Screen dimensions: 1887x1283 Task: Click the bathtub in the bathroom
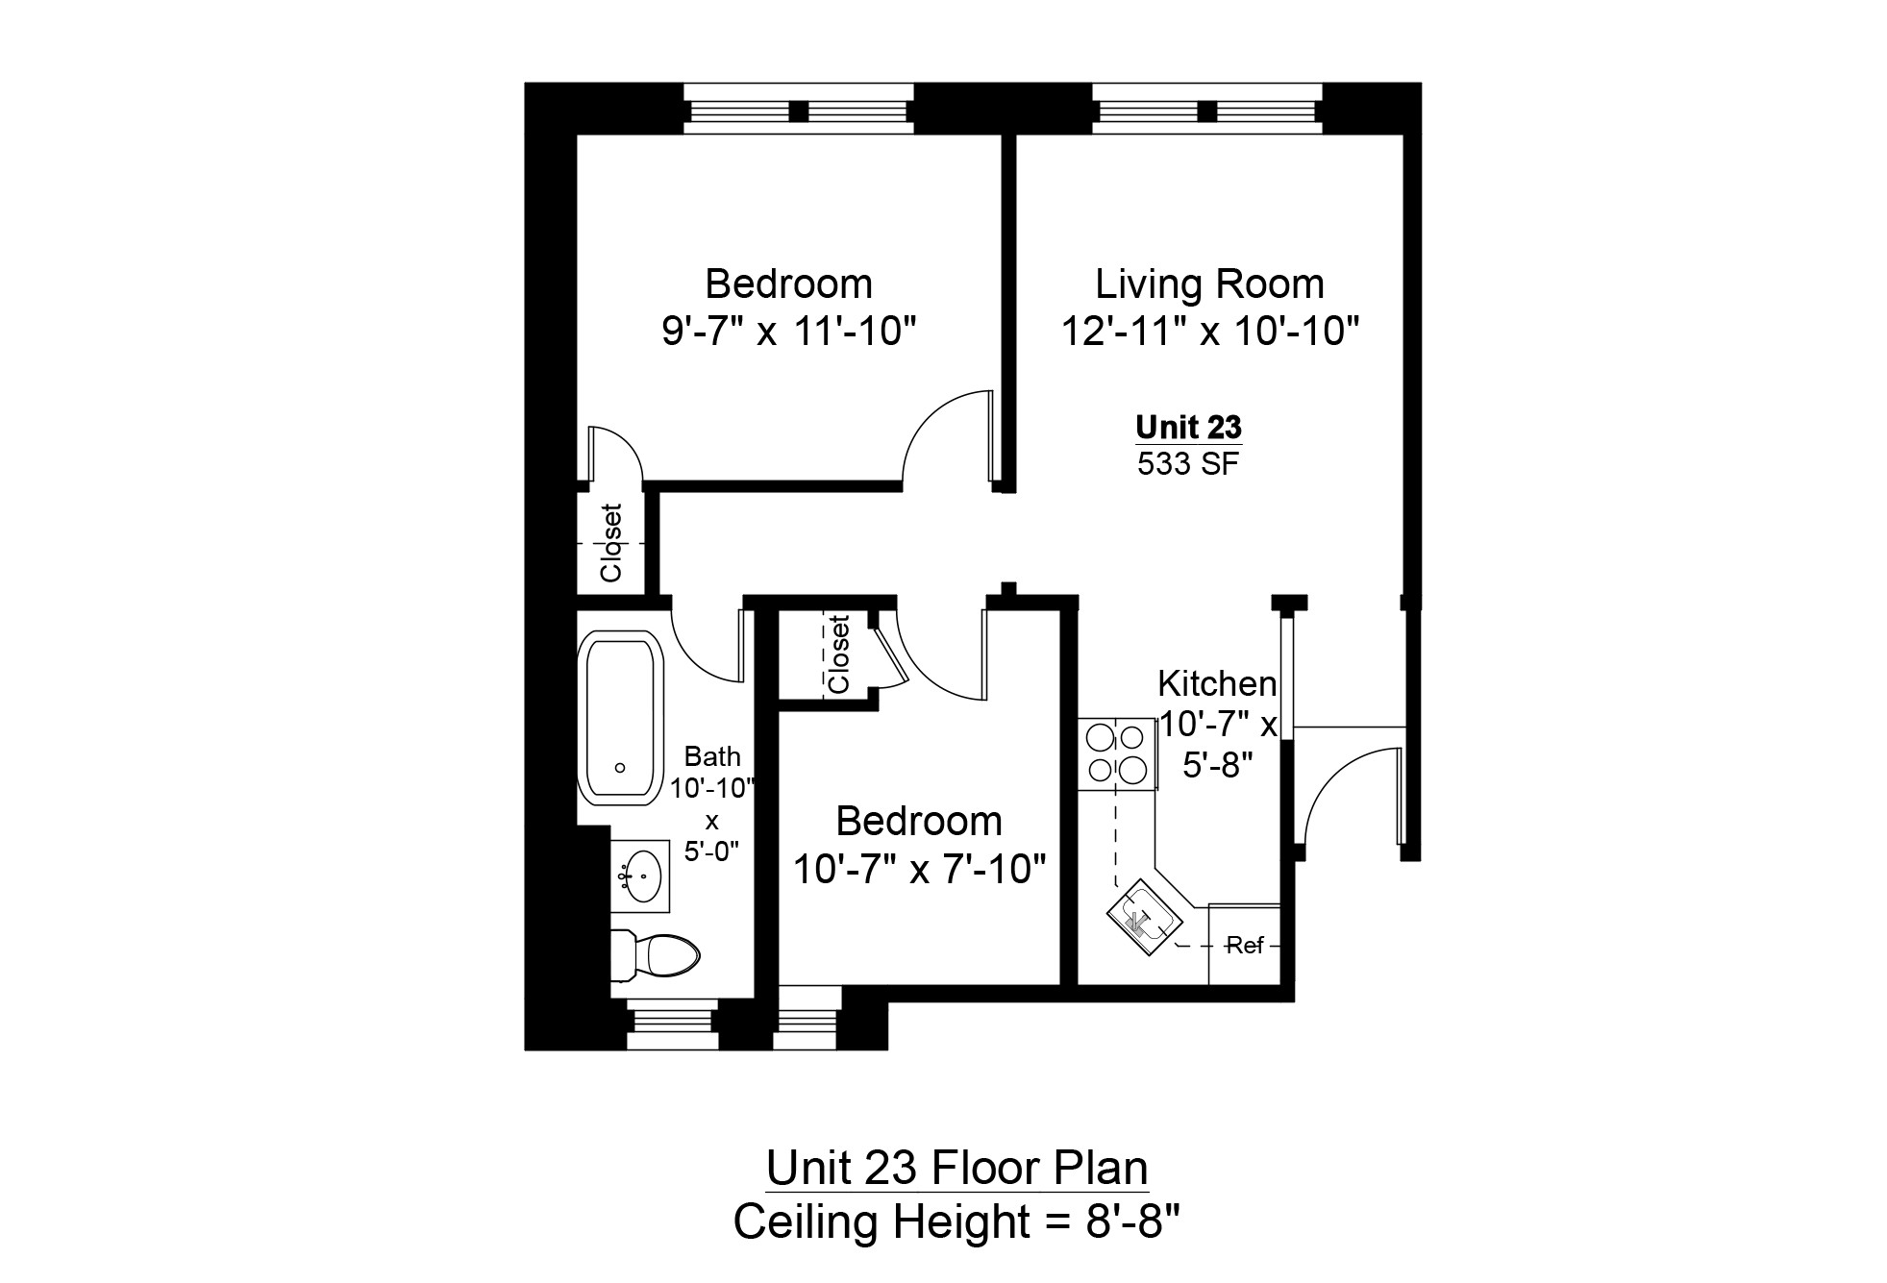pyautogui.click(x=620, y=718)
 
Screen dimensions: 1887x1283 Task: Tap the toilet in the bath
pyautogui.click(x=656, y=955)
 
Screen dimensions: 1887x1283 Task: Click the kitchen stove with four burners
pyautogui.click(x=1116, y=754)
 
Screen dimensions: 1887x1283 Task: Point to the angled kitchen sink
pyautogui.click(x=1141, y=919)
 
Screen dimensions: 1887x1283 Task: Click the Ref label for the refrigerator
pyautogui.click(x=1245, y=946)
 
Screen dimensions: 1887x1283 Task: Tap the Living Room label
pyautogui.click(x=1209, y=284)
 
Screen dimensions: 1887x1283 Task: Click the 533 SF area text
pyautogui.click(x=1188, y=464)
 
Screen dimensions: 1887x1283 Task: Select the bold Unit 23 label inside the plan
pyautogui.click(x=1188, y=427)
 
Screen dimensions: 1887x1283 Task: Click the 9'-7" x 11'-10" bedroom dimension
pyautogui.click(x=788, y=333)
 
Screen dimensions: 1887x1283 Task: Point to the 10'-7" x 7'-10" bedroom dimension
pyautogui.click(x=919, y=870)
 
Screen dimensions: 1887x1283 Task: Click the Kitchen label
pyautogui.click(x=1217, y=684)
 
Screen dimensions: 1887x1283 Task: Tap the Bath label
pyautogui.click(x=712, y=757)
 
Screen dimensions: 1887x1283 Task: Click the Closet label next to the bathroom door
pyautogui.click(x=611, y=543)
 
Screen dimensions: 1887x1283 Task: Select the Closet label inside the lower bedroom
pyautogui.click(x=838, y=654)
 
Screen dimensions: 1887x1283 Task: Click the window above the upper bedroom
pyautogui.click(x=797, y=109)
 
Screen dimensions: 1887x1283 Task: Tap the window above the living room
pyautogui.click(x=1207, y=109)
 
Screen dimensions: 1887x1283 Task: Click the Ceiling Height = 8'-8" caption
pyautogui.click(x=956, y=1222)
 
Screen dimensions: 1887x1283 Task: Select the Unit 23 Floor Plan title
pyautogui.click(x=956, y=1169)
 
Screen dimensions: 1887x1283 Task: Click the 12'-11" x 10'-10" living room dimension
pyautogui.click(x=1209, y=333)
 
